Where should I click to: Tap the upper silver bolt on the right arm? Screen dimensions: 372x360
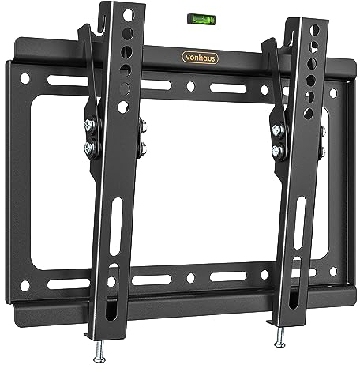(x=278, y=128)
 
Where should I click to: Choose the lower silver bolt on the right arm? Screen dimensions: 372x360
(x=278, y=148)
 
